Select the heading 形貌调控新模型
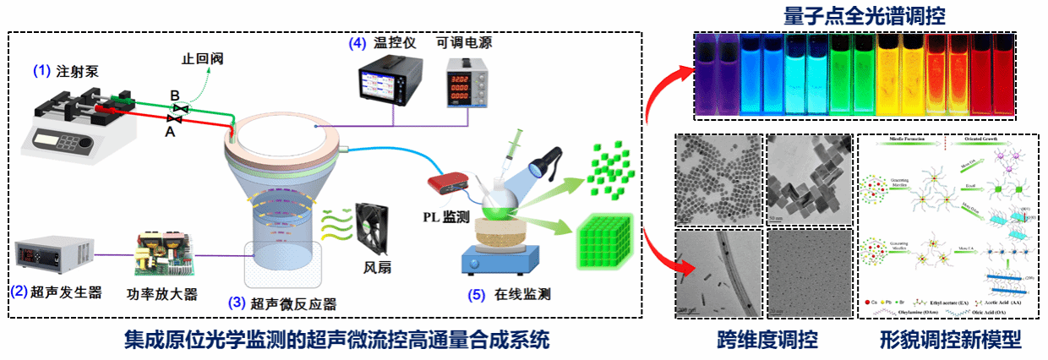tap(949, 341)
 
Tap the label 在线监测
tap(521, 295)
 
